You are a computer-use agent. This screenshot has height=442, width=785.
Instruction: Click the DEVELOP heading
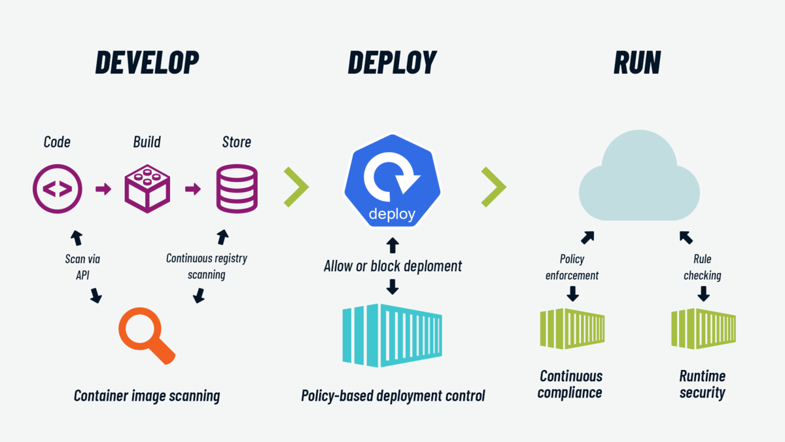coord(147,62)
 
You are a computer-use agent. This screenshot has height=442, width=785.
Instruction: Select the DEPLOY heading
coord(392,62)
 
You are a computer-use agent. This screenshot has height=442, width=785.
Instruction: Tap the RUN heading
coord(637,62)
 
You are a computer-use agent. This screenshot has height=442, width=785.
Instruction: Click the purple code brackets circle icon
coord(58,189)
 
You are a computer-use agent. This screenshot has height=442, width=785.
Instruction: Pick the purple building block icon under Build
coord(147,189)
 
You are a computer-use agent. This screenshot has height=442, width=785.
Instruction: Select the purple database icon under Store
coord(237,189)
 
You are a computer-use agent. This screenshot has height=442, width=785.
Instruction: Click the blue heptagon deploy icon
coord(392,183)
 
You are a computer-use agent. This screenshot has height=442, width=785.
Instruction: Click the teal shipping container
coord(392,335)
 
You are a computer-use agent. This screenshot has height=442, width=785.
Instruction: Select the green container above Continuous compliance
coord(572,329)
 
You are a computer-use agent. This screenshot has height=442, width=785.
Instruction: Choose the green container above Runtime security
coord(703,329)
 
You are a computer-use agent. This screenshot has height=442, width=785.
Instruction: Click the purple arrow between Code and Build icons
coord(103,189)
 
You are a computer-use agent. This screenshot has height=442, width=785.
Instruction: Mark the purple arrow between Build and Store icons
coord(193,189)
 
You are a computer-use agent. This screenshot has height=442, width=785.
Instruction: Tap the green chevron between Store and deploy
coord(296,187)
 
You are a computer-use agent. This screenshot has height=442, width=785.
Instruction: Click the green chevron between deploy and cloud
coord(494,187)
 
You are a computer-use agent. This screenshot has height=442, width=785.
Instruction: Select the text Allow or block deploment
coord(392,266)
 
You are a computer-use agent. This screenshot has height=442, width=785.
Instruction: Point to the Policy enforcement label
coord(572,267)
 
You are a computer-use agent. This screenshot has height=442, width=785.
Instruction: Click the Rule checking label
coord(703,267)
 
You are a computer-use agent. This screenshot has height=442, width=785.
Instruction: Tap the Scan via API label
coord(82,267)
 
